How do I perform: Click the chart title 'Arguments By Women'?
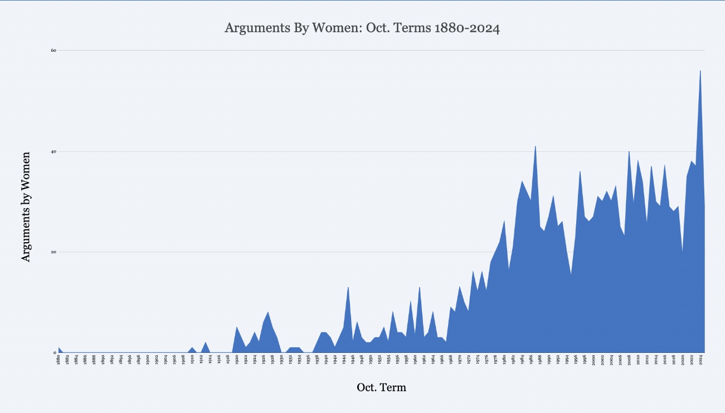362,28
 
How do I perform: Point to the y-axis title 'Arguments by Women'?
25,206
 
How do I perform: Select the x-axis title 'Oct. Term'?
381,387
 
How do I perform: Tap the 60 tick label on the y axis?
53,50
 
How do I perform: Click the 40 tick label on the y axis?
53,151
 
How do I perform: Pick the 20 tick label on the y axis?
53,252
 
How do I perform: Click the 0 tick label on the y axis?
55,352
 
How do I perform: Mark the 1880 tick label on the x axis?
59,360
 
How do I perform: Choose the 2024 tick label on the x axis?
700,360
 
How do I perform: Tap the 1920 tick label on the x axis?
237,360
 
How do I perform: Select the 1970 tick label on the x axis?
460,360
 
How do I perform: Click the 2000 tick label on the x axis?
593,360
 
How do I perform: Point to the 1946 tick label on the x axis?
353,360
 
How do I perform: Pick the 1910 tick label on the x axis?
192,360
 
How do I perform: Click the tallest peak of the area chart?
700,71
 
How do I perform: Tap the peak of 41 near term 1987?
536,146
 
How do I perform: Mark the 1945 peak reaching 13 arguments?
348,287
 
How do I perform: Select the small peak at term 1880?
59,348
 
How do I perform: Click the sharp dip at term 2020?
683,252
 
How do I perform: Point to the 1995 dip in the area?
571,274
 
